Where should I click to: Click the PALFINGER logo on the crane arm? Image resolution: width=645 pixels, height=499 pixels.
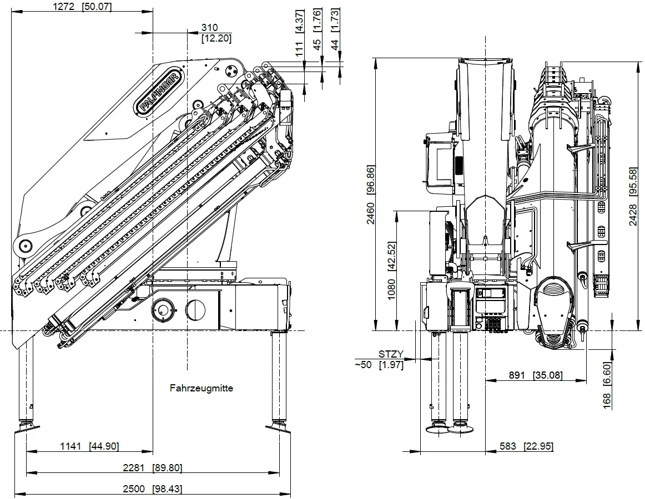click(157, 90)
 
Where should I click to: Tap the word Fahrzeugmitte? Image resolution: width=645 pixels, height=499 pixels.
click(201, 388)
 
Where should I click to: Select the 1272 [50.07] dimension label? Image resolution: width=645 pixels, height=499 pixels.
click(82, 7)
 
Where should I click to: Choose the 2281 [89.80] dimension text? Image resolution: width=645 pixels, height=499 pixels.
click(152, 468)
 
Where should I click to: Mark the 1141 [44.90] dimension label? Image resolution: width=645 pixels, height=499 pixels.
click(89, 446)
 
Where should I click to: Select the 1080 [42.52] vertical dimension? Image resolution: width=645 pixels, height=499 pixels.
click(391, 271)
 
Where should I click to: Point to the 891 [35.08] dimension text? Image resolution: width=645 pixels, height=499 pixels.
click(535, 375)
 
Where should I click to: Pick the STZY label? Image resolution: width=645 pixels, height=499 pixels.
click(391, 354)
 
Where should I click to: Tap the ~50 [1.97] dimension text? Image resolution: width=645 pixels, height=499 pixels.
click(379, 364)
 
